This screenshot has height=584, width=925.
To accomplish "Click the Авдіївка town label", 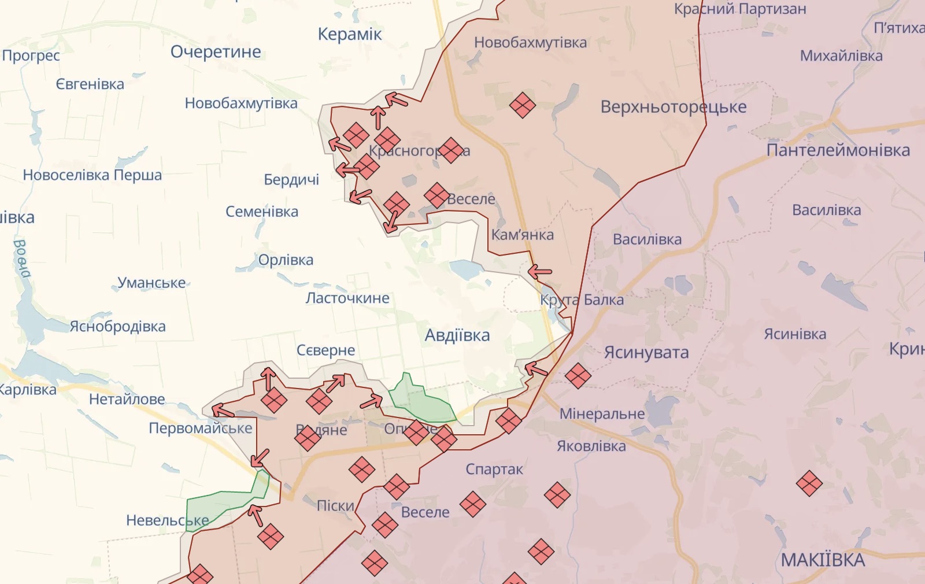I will click(457, 335).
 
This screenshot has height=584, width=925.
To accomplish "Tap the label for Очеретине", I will click(216, 52).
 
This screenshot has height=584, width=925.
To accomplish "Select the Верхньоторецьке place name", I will click(673, 107).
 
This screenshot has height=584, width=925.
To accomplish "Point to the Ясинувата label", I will click(646, 353).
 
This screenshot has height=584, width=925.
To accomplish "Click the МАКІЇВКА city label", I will click(823, 560).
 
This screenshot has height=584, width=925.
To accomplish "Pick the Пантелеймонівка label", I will click(838, 150).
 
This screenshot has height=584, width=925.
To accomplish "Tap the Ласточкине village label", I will click(347, 298).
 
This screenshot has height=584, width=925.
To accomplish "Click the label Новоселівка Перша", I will click(92, 175).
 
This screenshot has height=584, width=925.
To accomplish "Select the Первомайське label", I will click(201, 428).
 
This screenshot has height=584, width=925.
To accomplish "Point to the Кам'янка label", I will click(522, 235).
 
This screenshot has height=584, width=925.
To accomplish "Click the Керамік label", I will click(350, 34).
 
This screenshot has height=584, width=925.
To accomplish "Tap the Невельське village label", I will click(167, 520).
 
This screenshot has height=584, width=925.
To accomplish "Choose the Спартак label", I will click(494, 470).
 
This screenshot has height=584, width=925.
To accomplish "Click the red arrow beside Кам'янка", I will click(540, 271).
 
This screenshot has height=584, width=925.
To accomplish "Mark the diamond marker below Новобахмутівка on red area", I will click(522, 105).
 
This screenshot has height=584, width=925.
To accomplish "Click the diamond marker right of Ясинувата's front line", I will click(578, 376).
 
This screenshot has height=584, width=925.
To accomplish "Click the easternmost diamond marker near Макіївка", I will click(809, 483).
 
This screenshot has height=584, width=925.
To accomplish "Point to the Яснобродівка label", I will click(118, 327).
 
